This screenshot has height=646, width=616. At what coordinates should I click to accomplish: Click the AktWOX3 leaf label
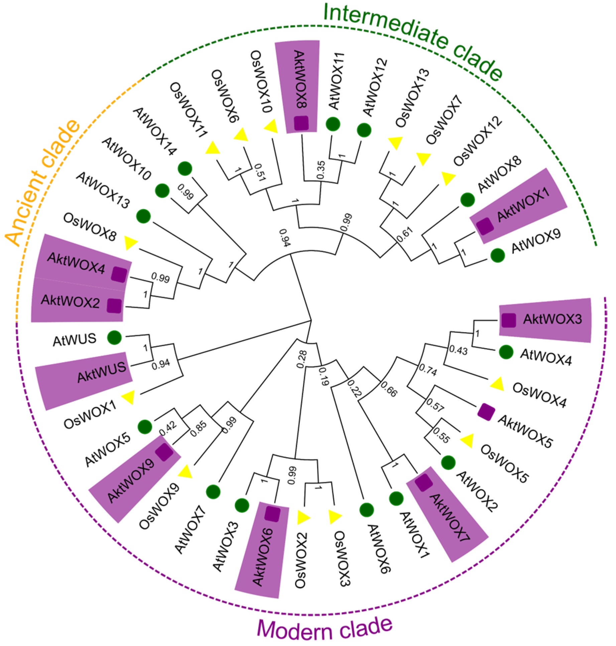coord(552,319)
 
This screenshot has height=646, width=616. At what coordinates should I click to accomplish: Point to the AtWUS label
coord(74,340)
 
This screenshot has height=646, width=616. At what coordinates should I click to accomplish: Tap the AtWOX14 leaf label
coord(154,131)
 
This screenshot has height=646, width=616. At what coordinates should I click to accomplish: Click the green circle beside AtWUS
coord(114,338)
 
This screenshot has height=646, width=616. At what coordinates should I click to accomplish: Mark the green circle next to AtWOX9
coord(498,255)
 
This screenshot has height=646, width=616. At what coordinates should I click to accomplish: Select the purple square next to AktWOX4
coord(119,274)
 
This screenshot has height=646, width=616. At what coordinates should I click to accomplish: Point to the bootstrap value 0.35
coord(321,170)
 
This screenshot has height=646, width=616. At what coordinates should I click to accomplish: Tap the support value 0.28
coord(301,359)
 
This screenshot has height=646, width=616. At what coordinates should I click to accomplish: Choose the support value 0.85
coord(199,429)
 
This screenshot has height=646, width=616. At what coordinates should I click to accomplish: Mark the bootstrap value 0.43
coord(458,350)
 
